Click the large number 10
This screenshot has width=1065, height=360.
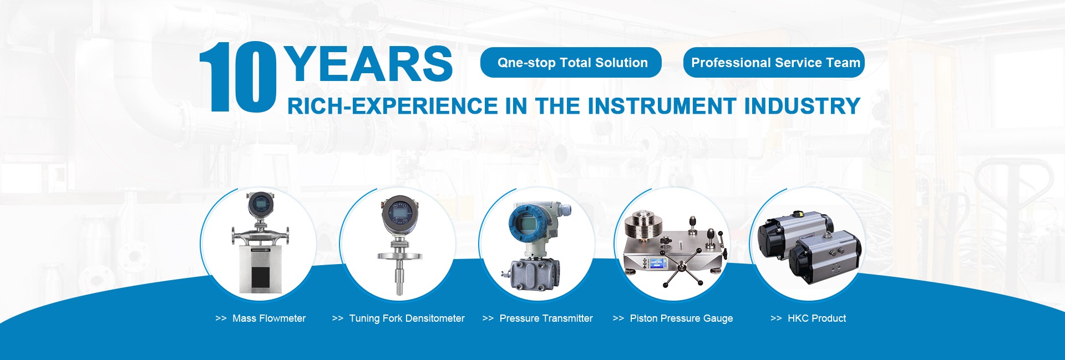coord(238,77)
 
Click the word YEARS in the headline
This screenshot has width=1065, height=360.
coord(370,64)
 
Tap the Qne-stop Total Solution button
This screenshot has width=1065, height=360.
coord(571,63)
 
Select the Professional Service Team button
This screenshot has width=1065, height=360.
coord(774,63)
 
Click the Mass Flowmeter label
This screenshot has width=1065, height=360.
coord(269,318)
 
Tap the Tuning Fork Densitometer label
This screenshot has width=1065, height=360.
coord(407,318)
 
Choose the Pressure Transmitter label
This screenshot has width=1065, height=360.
coord(546,318)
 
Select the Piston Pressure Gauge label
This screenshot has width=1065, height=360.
coord(681,318)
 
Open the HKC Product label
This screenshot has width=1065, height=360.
coord(816,318)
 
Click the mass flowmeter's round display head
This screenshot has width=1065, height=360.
coord(260,205)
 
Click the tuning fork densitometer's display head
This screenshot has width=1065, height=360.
coord(398,213)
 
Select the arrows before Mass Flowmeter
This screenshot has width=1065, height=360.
coord(221,318)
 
